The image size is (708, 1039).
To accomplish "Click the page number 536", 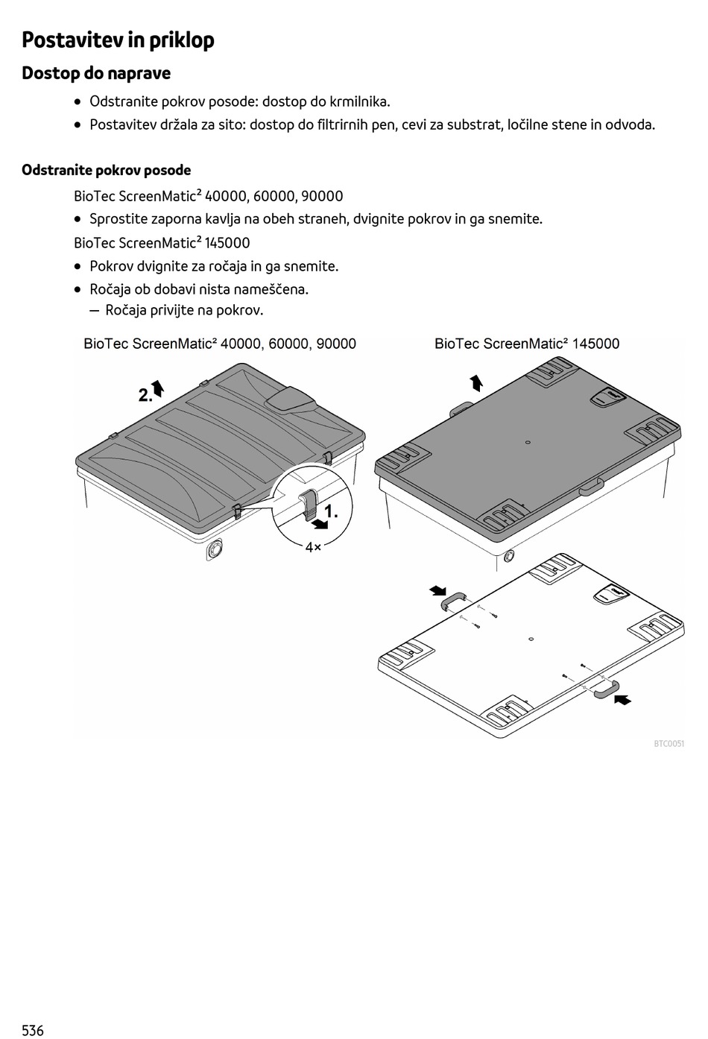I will (33, 1030).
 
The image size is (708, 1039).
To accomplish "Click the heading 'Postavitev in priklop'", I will (118, 40).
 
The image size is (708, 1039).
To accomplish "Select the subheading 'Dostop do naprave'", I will (96, 73).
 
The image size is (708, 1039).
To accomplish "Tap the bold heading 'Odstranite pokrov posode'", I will (106, 170).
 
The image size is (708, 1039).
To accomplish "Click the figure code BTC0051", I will (669, 744).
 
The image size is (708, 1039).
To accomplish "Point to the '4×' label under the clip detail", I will (313, 547).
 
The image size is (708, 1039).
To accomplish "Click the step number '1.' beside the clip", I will (331, 512).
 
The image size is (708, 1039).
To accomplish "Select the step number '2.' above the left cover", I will (145, 396).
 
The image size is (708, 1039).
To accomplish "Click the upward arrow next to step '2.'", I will (158, 388).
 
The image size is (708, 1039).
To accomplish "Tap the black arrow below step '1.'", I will (320, 525).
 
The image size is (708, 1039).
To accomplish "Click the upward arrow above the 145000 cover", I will (476, 383).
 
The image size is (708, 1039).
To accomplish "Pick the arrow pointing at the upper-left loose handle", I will (437, 591).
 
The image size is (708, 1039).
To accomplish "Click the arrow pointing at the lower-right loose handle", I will (623, 699).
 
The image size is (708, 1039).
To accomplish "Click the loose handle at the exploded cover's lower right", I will (607, 689).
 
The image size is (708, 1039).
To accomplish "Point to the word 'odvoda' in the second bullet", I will (630, 124).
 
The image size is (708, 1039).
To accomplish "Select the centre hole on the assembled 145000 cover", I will (528, 443).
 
